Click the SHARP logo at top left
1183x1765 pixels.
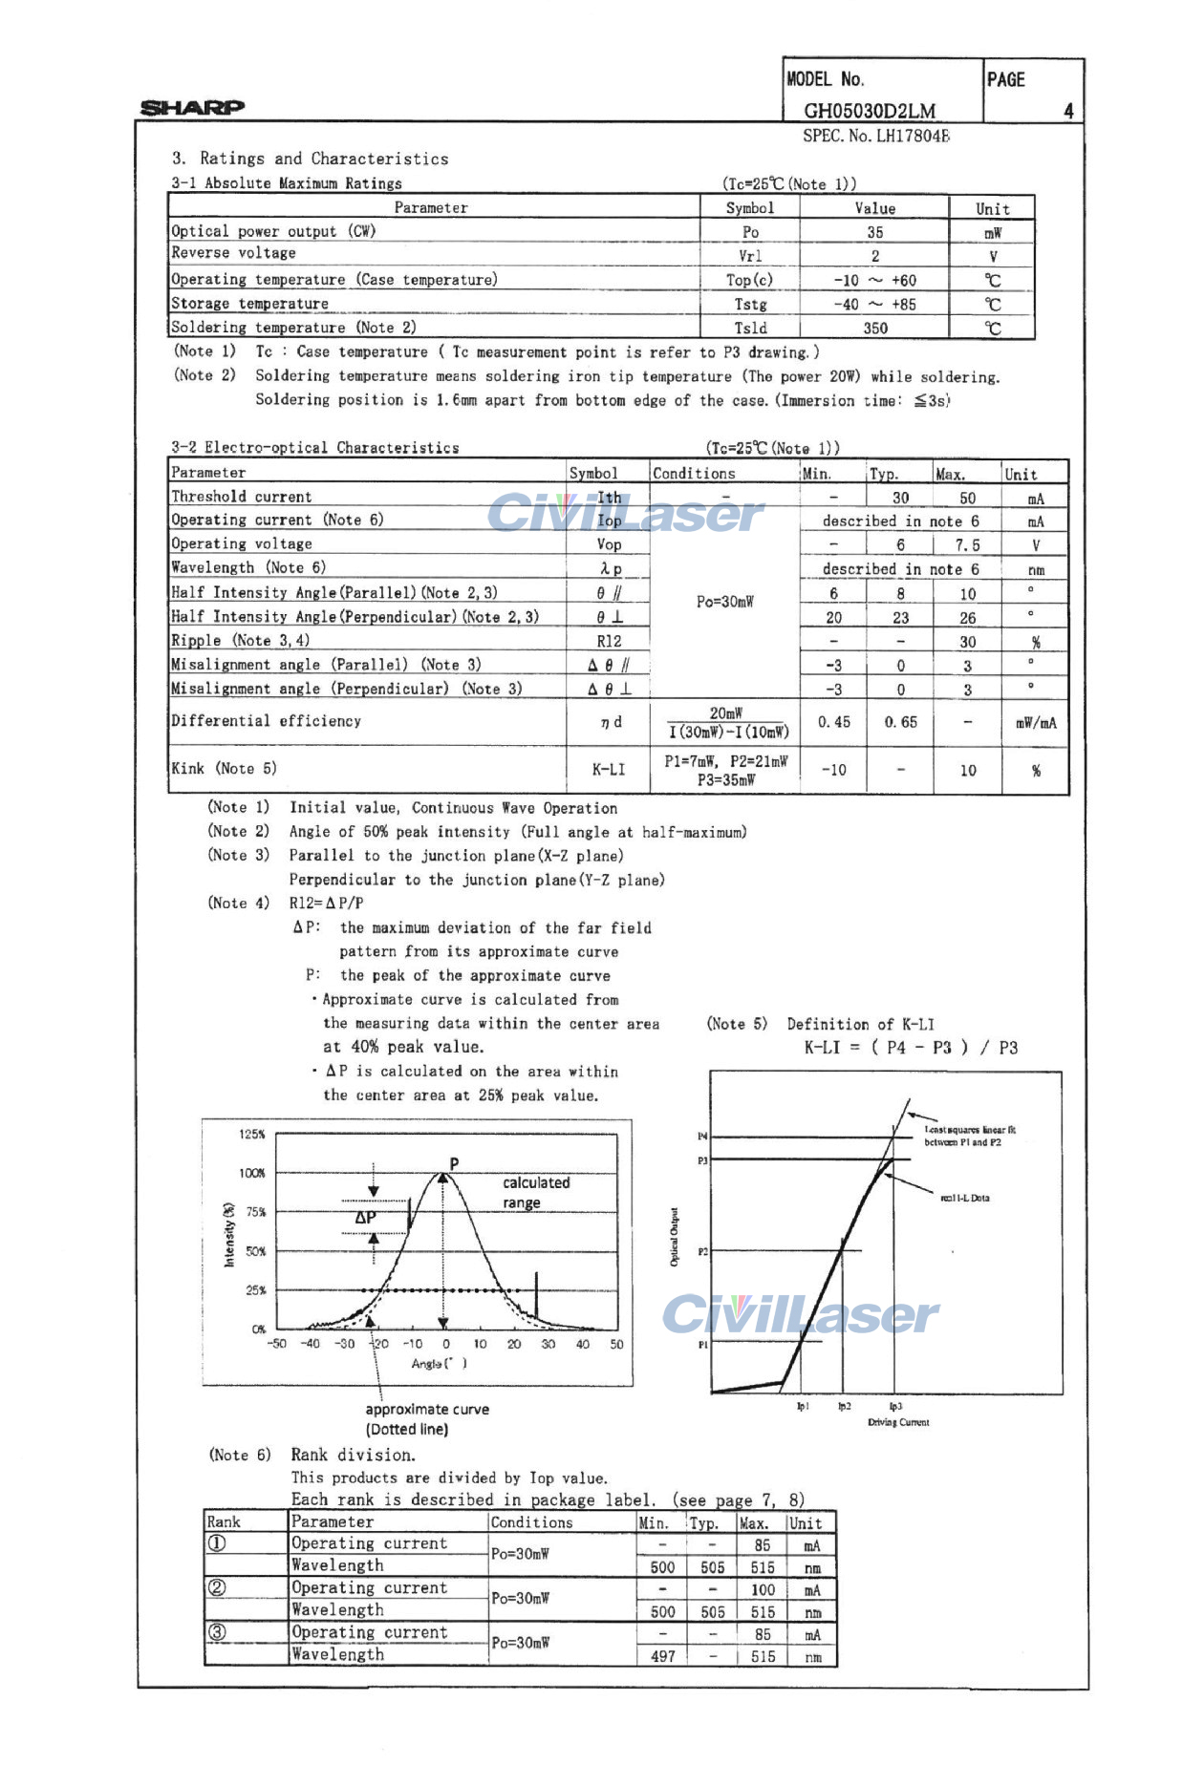(192, 107)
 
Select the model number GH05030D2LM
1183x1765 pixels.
(869, 111)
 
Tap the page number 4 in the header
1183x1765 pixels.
(1068, 111)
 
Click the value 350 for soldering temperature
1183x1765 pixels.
(874, 328)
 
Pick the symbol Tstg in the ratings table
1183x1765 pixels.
(750, 304)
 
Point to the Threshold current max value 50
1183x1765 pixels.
(967, 498)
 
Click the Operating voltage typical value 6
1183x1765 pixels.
(900, 544)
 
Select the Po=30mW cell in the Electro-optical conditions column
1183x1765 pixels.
(724, 602)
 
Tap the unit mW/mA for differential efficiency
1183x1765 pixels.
(1036, 723)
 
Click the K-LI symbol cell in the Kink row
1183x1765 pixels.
(609, 769)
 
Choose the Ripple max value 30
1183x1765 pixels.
(967, 642)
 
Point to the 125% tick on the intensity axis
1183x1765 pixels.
(252, 1134)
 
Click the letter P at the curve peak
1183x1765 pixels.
(454, 1163)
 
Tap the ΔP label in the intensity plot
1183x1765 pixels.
(365, 1218)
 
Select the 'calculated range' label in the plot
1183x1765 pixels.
(535, 1192)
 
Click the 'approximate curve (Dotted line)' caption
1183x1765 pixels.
(426, 1418)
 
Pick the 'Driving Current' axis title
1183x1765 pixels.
(897, 1422)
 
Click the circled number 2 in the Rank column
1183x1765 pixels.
(218, 1587)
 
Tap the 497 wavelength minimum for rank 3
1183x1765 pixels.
(662, 1656)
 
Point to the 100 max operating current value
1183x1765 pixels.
(762, 1590)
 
